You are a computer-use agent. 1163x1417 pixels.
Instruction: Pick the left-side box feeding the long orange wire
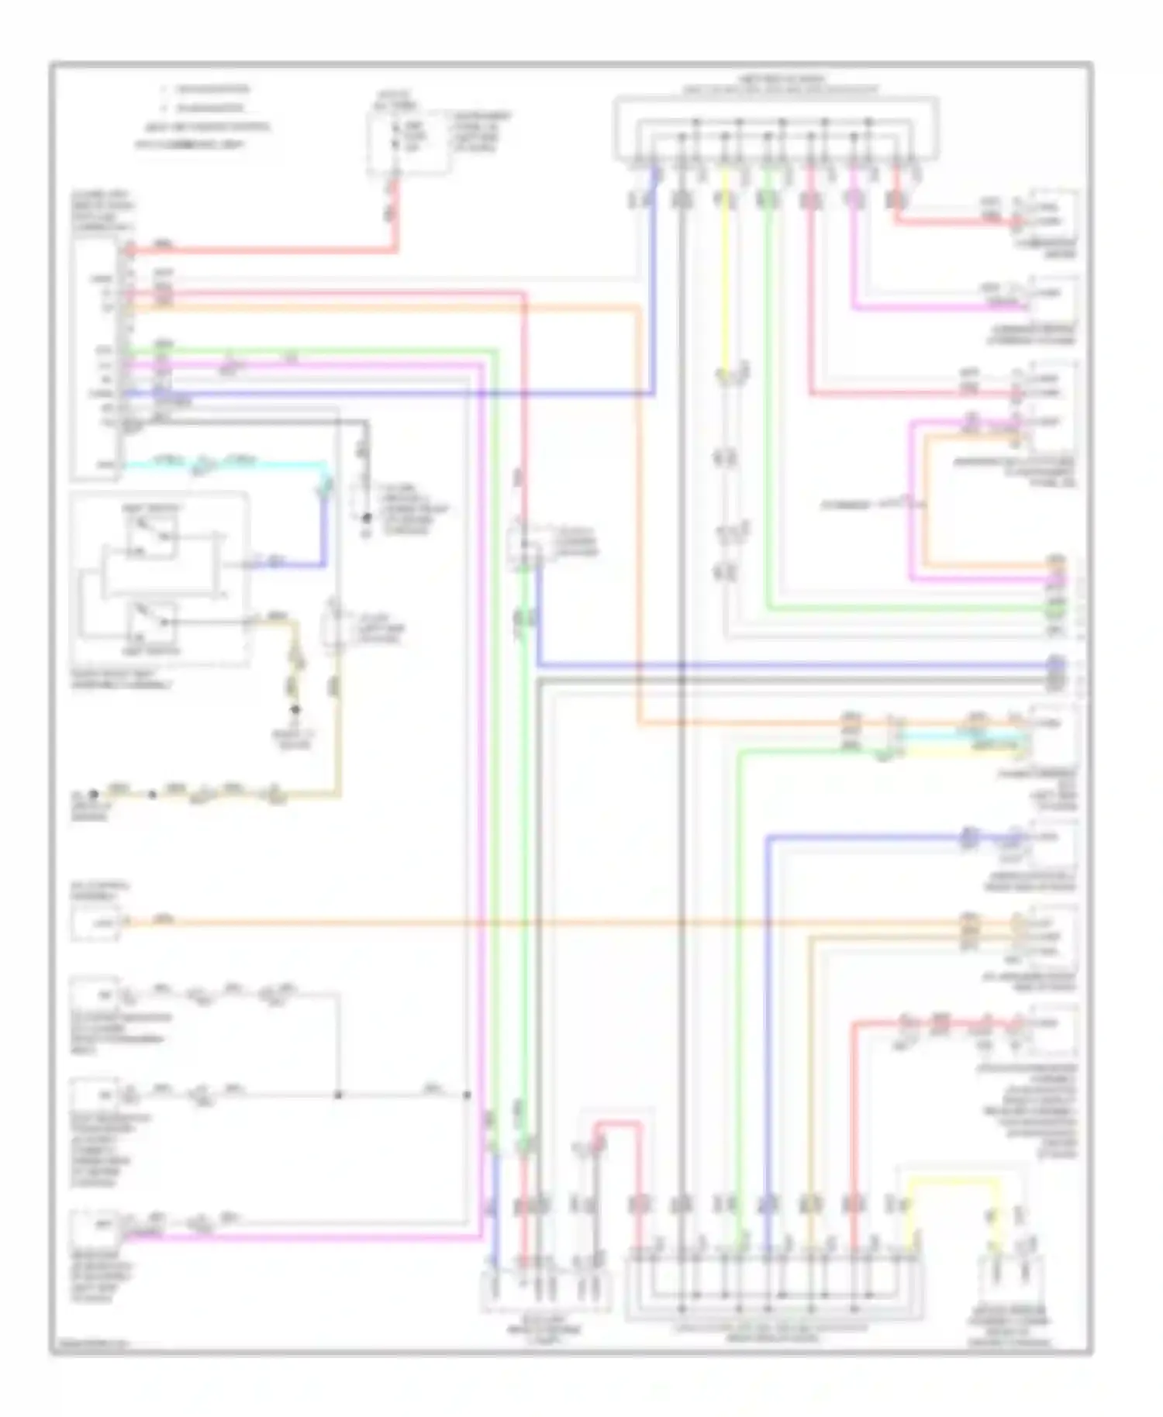(95, 922)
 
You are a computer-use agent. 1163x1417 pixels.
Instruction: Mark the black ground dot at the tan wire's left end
(94, 794)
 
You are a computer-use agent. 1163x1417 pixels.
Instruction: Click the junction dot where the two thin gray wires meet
(339, 1095)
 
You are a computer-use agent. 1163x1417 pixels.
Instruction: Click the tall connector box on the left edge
(95, 357)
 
